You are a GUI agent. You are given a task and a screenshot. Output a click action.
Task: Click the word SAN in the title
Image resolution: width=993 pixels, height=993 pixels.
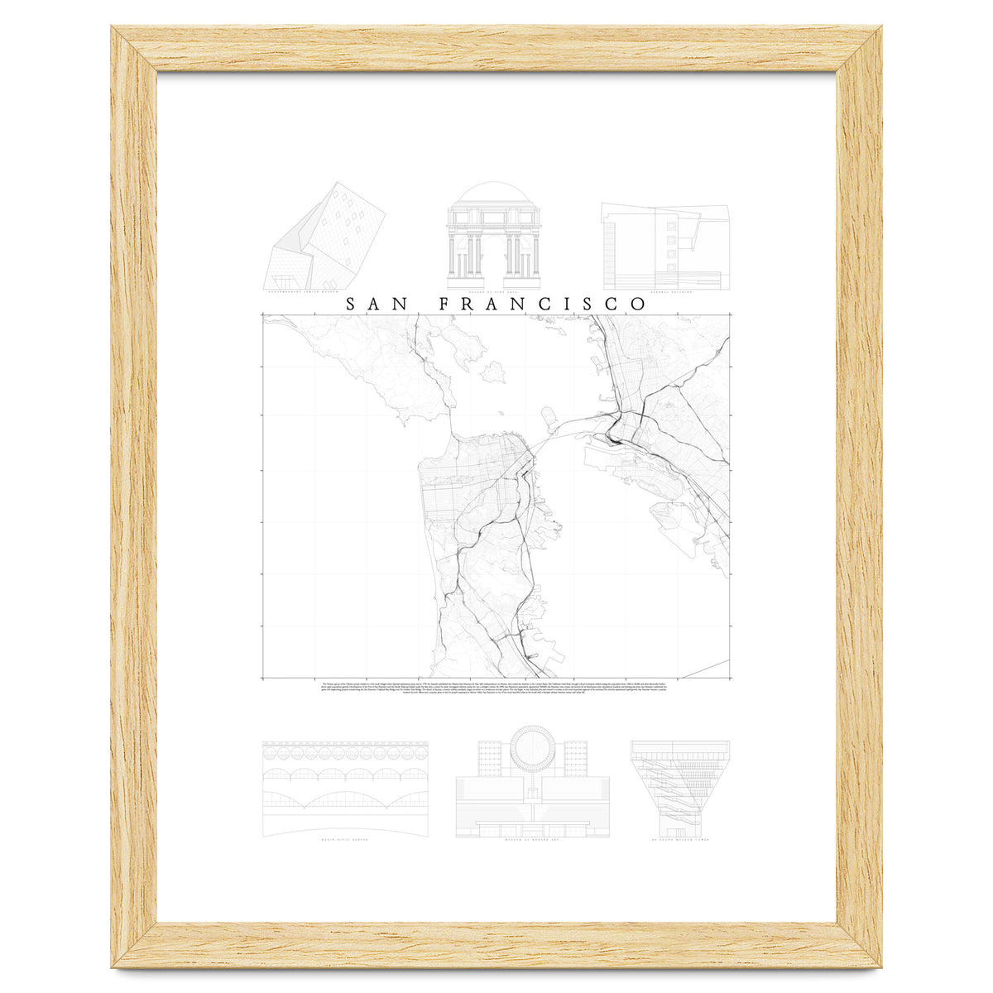(376, 304)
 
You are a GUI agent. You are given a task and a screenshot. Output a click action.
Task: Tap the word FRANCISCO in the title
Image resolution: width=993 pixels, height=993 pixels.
(542, 304)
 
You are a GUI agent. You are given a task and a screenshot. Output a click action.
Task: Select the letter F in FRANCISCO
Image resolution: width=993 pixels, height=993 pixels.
(444, 304)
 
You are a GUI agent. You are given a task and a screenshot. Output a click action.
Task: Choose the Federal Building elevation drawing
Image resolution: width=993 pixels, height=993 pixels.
(665, 243)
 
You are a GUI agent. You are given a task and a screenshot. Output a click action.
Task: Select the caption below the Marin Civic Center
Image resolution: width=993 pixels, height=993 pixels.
(344, 841)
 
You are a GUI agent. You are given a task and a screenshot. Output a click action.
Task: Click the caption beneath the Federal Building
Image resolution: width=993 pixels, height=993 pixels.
(665, 292)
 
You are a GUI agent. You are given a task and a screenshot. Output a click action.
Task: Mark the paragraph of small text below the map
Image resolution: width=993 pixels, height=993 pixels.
(496, 688)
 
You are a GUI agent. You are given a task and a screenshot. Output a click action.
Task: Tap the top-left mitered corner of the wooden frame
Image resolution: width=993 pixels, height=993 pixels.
(132, 48)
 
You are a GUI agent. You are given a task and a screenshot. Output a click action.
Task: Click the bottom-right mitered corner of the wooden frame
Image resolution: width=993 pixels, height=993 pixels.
(861, 945)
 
